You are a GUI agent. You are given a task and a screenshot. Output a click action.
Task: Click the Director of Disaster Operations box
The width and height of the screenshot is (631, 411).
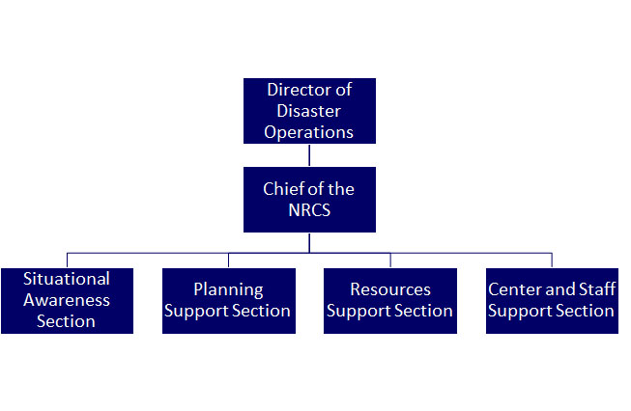coord(309,110)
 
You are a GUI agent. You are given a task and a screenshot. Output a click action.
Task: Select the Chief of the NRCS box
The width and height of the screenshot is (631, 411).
coord(309,199)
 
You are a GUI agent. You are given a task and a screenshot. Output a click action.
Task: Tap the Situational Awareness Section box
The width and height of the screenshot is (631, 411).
coord(67,300)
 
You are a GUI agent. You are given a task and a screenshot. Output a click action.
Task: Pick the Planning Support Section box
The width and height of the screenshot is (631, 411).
coord(228,300)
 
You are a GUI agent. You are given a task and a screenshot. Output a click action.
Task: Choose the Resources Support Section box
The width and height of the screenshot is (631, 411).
coord(390,300)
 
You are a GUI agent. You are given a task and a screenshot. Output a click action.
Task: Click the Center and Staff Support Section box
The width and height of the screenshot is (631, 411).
coord(552,300)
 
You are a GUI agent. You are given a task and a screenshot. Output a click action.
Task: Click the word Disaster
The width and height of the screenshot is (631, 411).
coord(309,110)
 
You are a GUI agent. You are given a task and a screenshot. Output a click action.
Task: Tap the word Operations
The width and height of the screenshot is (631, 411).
coord(309,131)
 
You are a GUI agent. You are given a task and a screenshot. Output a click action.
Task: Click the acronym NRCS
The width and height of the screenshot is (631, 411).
coord(309,210)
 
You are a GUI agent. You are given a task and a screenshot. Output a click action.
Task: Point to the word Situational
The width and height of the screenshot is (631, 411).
coord(67,279)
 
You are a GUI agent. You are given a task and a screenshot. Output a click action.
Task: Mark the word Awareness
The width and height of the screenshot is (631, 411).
coord(67,300)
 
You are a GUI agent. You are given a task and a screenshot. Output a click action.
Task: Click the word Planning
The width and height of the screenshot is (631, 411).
coord(228,289)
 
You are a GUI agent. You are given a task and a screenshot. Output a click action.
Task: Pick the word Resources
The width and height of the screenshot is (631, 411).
coord(390,289)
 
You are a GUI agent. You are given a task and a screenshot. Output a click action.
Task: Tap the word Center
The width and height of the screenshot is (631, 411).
coord(514,289)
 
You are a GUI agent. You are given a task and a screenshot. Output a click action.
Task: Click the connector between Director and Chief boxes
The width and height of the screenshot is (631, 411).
coord(309,154)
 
